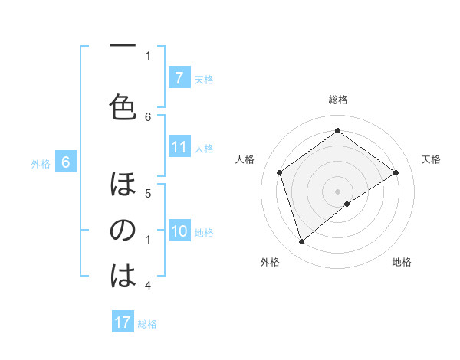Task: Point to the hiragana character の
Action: (x=123, y=230)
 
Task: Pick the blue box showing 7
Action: (x=179, y=77)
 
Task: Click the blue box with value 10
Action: (x=179, y=231)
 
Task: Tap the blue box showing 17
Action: (x=123, y=322)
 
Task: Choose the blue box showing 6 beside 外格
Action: (x=66, y=162)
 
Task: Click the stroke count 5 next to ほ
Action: (x=149, y=194)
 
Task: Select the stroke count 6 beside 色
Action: (x=149, y=116)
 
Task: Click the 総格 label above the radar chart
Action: (x=337, y=100)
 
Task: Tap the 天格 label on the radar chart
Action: (x=432, y=159)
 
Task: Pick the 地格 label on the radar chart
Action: (x=402, y=262)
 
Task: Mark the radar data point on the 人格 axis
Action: (x=280, y=172)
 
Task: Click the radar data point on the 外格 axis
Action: (x=301, y=242)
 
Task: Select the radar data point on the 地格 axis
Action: (x=347, y=204)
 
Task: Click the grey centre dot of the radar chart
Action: (x=337, y=191)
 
